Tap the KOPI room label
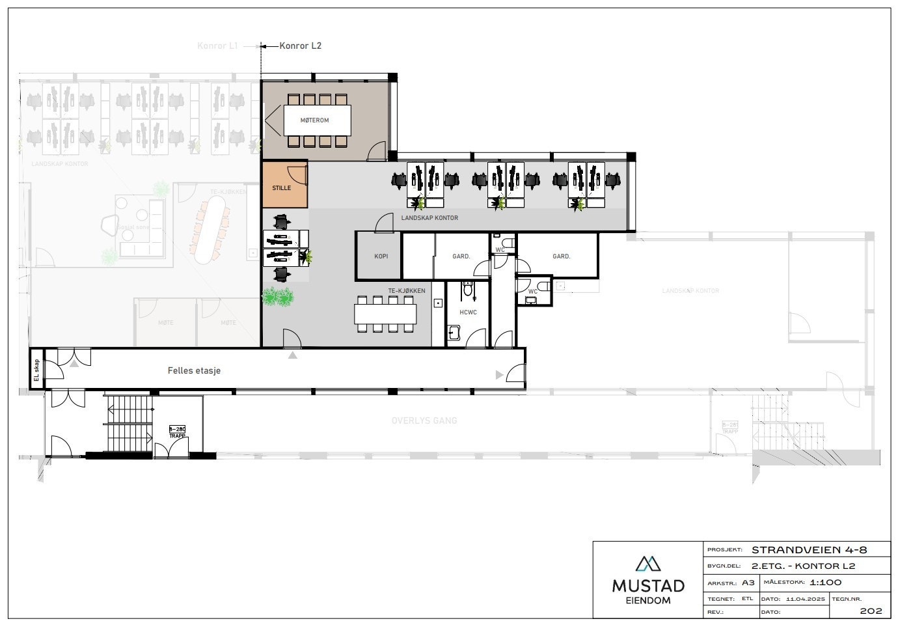point(381,256)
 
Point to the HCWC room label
point(468,312)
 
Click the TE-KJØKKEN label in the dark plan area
point(407,290)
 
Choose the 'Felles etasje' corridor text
point(194,370)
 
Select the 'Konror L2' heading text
point(300,46)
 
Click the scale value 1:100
point(826,583)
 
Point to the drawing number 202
point(871,611)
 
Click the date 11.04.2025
point(805,598)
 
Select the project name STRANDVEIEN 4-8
point(810,550)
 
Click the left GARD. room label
point(461,256)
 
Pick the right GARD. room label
point(561,256)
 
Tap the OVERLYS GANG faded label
point(424,420)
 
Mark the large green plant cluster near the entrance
point(278,297)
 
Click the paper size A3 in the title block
point(748,583)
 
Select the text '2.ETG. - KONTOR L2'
point(803,566)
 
